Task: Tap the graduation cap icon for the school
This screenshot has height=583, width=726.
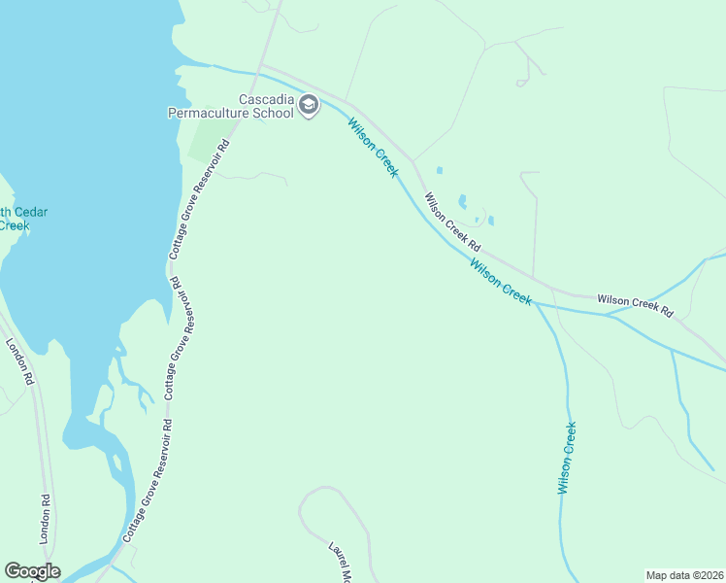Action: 309,105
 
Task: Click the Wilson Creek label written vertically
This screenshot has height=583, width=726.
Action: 568,458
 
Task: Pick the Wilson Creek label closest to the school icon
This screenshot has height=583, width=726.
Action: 373,148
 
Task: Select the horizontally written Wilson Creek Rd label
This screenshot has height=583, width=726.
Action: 635,305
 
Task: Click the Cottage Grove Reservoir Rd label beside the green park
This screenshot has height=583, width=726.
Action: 199,198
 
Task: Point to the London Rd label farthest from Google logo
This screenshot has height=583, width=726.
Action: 20,361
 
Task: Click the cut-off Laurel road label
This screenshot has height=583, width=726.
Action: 337,562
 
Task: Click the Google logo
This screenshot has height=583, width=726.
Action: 32,571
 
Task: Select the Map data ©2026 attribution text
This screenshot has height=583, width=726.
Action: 684,574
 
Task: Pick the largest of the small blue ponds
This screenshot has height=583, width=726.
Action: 462,202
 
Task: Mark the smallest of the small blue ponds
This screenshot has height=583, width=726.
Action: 477,220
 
